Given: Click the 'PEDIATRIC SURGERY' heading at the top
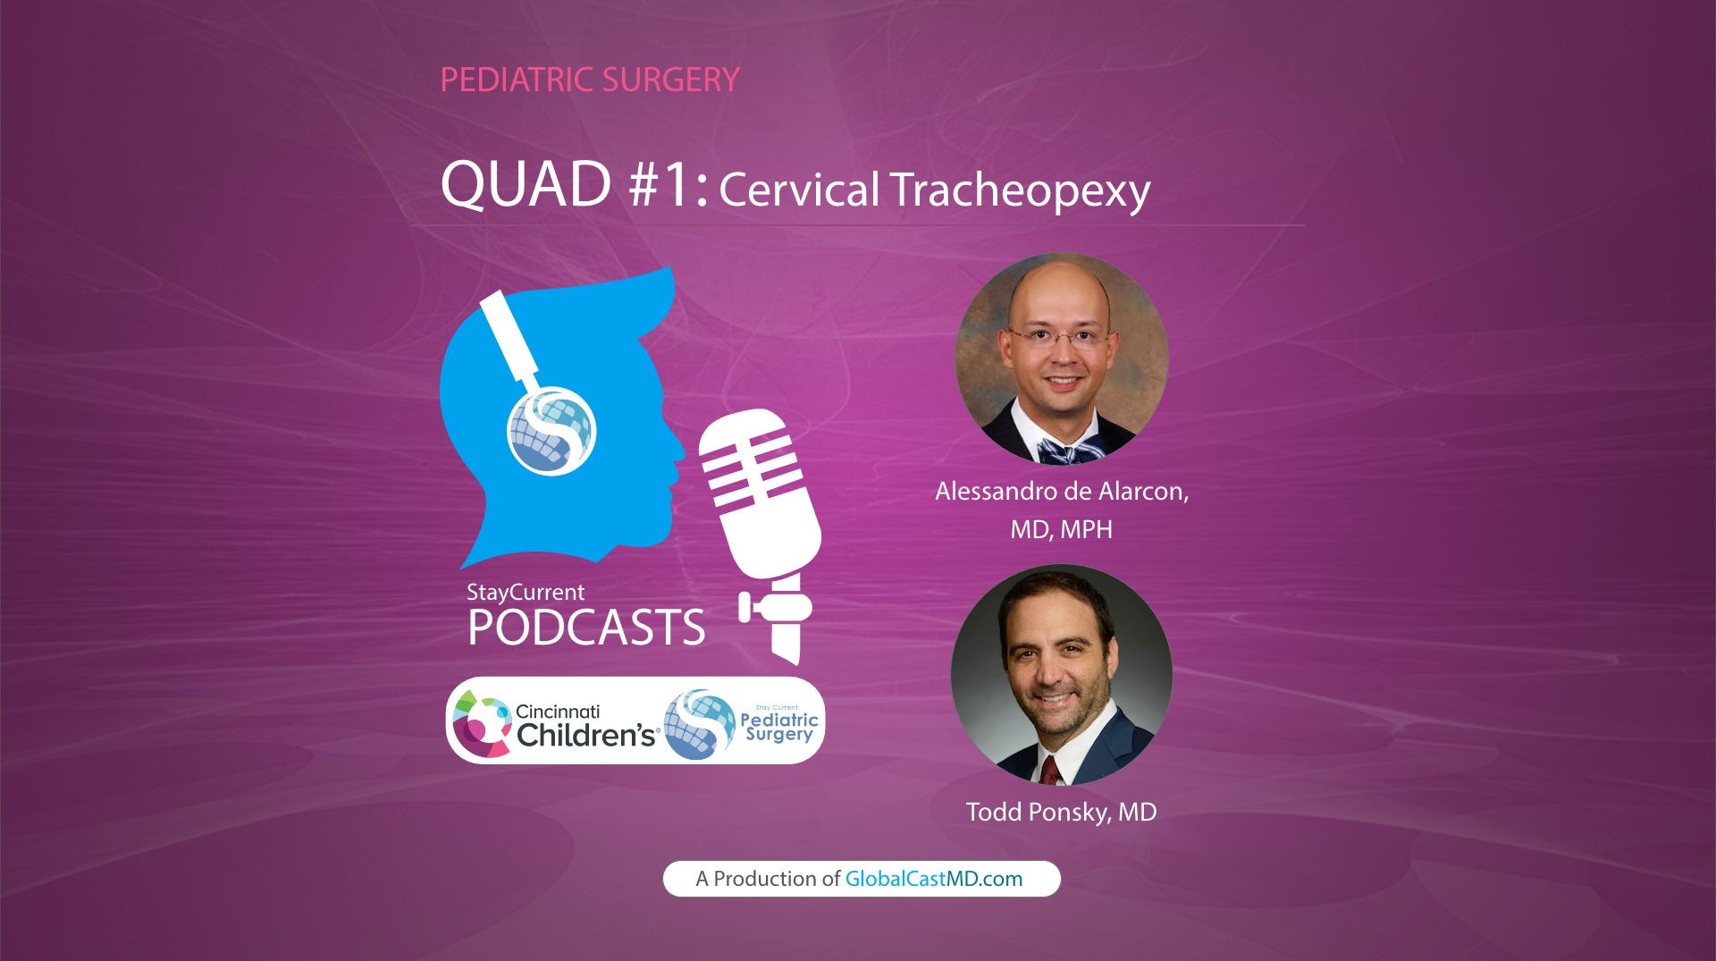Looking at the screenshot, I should click(x=590, y=80).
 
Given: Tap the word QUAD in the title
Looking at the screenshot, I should click(x=526, y=185).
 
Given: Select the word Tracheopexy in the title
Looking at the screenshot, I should click(x=1020, y=190).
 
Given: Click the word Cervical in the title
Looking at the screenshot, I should click(x=799, y=190).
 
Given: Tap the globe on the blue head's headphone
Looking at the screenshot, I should click(x=551, y=430).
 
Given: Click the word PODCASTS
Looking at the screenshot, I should click(x=586, y=628).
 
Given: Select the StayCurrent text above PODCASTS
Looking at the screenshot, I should click(x=526, y=592).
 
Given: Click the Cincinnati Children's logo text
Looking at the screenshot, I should click(x=585, y=725).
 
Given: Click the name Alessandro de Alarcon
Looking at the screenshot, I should click(x=1061, y=492).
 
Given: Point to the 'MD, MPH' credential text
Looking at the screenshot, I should click(x=1061, y=530).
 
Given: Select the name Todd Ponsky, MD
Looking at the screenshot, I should click(x=1061, y=812).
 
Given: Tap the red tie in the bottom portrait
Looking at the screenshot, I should click(x=1049, y=770).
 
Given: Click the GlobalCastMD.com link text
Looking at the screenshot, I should click(x=933, y=879).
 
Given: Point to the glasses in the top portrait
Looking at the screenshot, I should click(x=1061, y=338).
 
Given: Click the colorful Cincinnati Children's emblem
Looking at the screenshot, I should click(x=481, y=722).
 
